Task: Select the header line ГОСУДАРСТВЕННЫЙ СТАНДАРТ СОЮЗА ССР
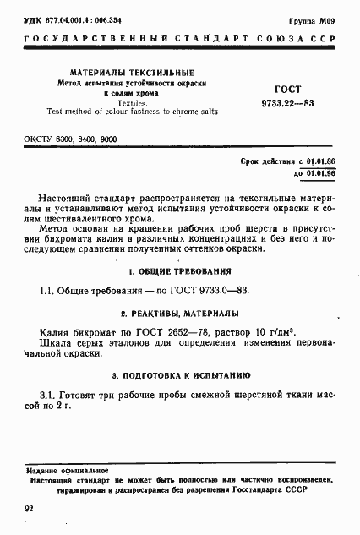tap(179, 40)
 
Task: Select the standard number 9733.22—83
tap(288, 102)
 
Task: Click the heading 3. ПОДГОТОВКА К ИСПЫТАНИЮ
tap(179, 374)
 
